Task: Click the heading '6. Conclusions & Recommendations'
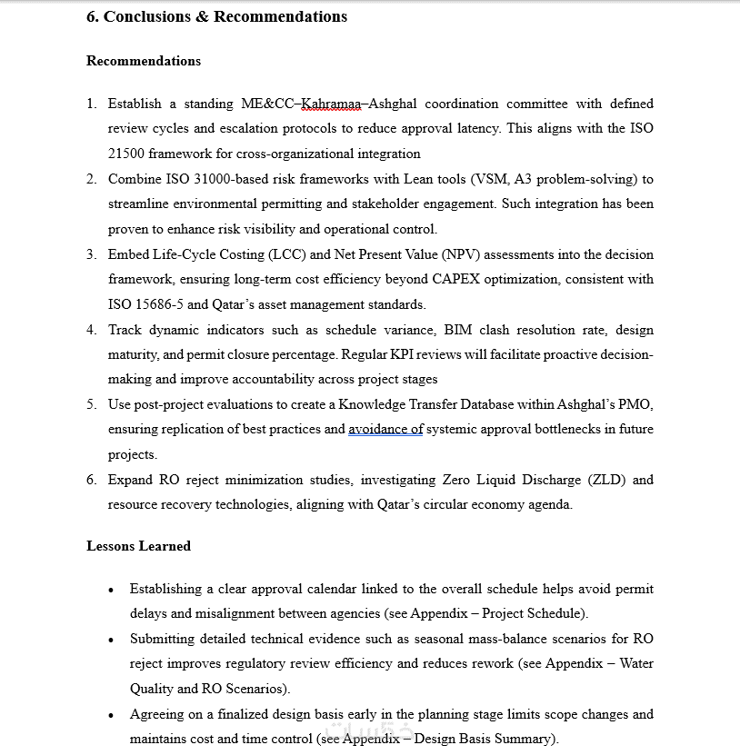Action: tap(216, 16)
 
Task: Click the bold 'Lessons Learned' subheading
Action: tap(138, 546)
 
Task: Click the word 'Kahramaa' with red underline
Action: tap(331, 104)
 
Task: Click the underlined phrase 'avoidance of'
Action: tap(385, 429)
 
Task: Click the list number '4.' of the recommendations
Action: tap(92, 330)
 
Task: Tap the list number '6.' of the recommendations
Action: tap(92, 480)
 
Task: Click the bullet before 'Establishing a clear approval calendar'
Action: tap(111, 591)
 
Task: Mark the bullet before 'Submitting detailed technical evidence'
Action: tap(111, 641)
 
